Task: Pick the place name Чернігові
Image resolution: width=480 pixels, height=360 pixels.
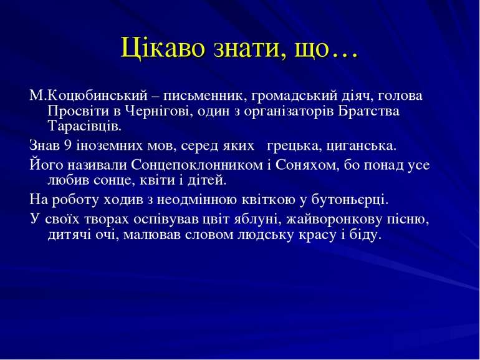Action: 161,112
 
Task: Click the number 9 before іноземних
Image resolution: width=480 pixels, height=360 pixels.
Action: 67,147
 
